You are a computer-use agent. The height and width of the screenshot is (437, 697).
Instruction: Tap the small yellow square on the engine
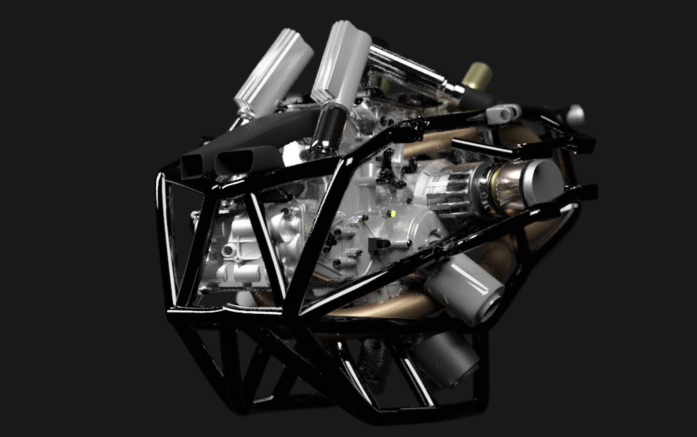pos(393,214)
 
